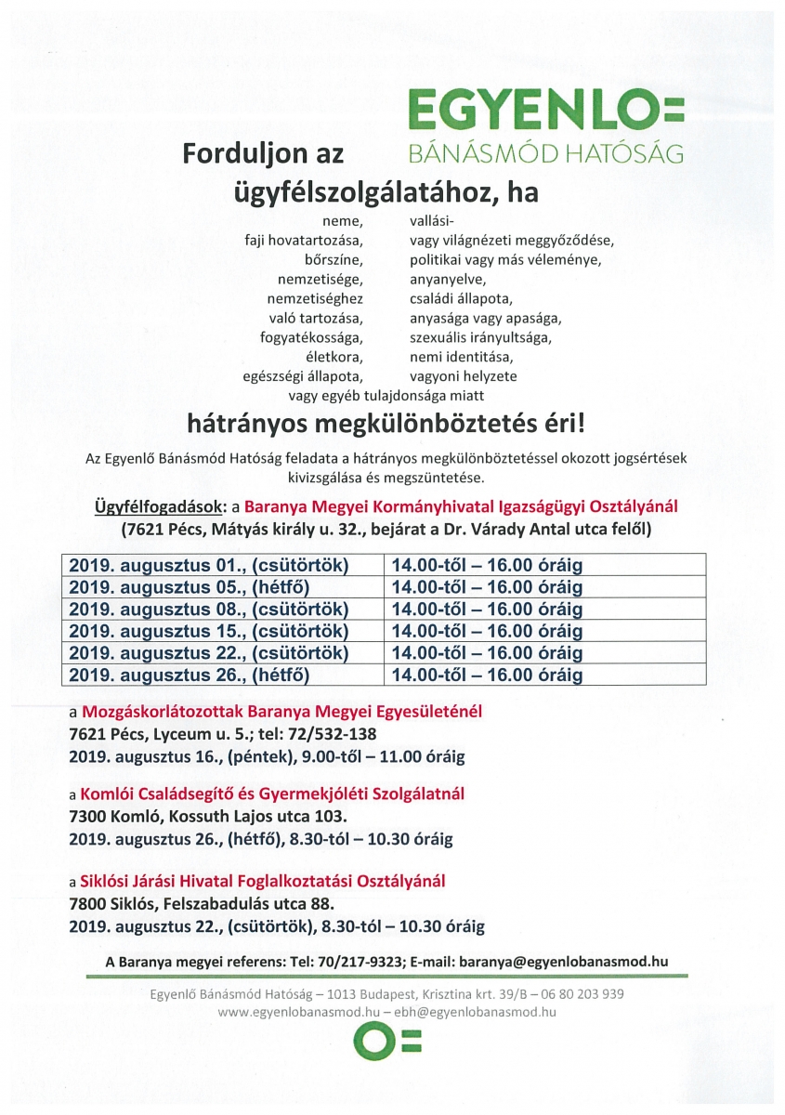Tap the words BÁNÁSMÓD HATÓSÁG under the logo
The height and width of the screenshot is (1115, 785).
(546, 152)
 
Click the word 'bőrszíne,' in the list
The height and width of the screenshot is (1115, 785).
(334, 258)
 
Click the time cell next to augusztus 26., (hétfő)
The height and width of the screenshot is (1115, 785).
(487, 676)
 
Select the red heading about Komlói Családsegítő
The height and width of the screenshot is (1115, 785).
(273, 794)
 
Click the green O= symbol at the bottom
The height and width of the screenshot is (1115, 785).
(390, 1044)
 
